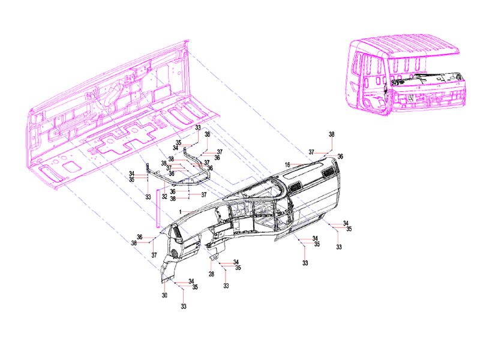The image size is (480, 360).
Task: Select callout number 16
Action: pos(288,164)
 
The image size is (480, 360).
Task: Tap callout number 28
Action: pos(211,274)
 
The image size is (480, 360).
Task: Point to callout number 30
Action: pos(164,295)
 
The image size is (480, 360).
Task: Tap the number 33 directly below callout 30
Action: pos(184,307)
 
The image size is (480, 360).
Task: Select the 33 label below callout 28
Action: pos(226,286)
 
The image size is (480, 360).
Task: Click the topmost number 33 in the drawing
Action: pos(198,128)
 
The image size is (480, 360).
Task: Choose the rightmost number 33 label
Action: pos(339,247)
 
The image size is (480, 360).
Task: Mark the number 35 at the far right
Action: pos(348,229)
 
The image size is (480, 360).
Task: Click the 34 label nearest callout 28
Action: pos(236,262)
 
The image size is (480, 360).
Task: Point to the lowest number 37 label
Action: pos(154,255)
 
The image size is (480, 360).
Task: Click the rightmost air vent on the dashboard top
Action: pos(328,173)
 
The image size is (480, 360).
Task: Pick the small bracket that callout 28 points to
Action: pos(214,257)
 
